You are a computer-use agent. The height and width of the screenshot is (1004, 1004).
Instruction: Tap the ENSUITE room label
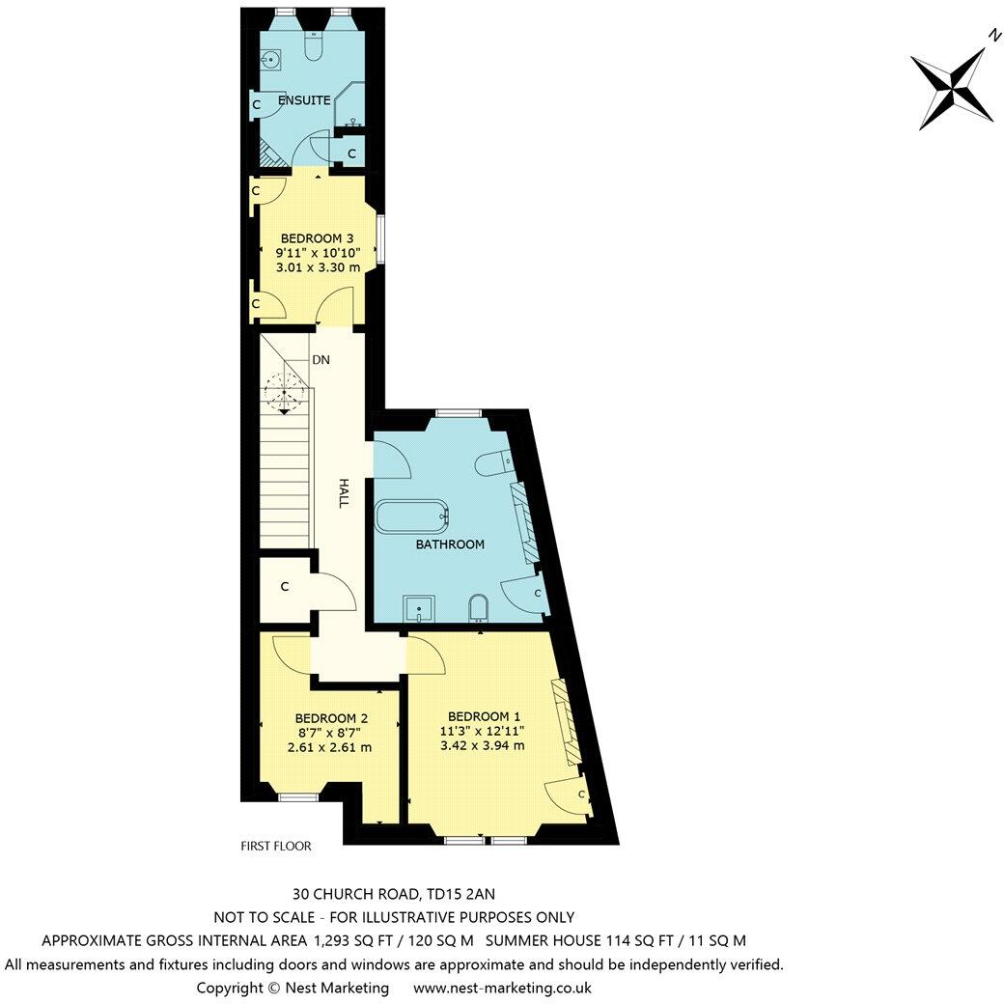pyautogui.click(x=304, y=100)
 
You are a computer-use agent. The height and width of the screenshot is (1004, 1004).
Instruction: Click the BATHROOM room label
pyautogui.click(x=450, y=544)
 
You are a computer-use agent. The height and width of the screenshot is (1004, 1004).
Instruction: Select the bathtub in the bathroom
pyautogui.click(x=412, y=516)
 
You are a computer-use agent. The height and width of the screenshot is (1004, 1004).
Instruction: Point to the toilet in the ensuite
pyautogui.click(x=314, y=48)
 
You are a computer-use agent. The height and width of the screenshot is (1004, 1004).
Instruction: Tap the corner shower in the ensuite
pyautogui.click(x=349, y=108)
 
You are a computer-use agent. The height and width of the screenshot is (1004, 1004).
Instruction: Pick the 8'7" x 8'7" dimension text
pyautogui.click(x=330, y=733)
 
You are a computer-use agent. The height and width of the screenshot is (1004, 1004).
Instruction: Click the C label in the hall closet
pyautogui.click(x=285, y=586)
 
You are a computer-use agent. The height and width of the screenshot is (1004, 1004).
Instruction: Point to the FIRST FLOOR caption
pyautogui.click(x=276, y=846)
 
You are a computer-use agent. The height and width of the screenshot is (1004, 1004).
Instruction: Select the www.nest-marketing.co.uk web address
pyautogui.click(x=502, y=988)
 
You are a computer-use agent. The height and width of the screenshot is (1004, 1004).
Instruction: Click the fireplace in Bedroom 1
pyautogui.click(x=562, y=719)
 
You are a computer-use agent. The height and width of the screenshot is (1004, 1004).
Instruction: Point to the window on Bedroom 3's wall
pyautogui.click(x=380, y=238)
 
